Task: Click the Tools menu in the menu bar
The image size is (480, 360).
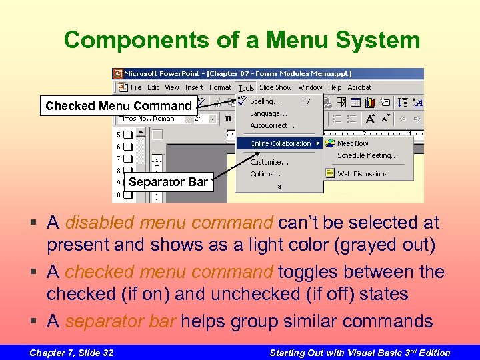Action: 246,87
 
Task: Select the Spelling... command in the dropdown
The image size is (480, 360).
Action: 265,101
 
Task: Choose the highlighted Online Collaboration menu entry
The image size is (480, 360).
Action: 280,143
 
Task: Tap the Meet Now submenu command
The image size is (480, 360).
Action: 353,143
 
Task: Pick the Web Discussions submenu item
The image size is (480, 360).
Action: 362,174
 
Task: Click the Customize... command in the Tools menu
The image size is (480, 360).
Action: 269,161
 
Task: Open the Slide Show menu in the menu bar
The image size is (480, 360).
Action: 275,87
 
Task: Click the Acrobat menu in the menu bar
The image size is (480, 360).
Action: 359,87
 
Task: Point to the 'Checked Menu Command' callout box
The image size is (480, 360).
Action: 117,105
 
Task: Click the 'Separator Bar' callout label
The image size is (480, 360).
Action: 168,181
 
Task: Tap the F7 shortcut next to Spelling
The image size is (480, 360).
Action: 306,101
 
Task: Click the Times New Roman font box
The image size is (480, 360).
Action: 147,119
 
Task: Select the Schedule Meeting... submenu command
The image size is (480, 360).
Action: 367,156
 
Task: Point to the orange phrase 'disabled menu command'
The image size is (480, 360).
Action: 169,222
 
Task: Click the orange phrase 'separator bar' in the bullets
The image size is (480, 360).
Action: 120,321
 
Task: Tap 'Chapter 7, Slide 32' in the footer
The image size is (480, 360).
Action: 71,353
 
